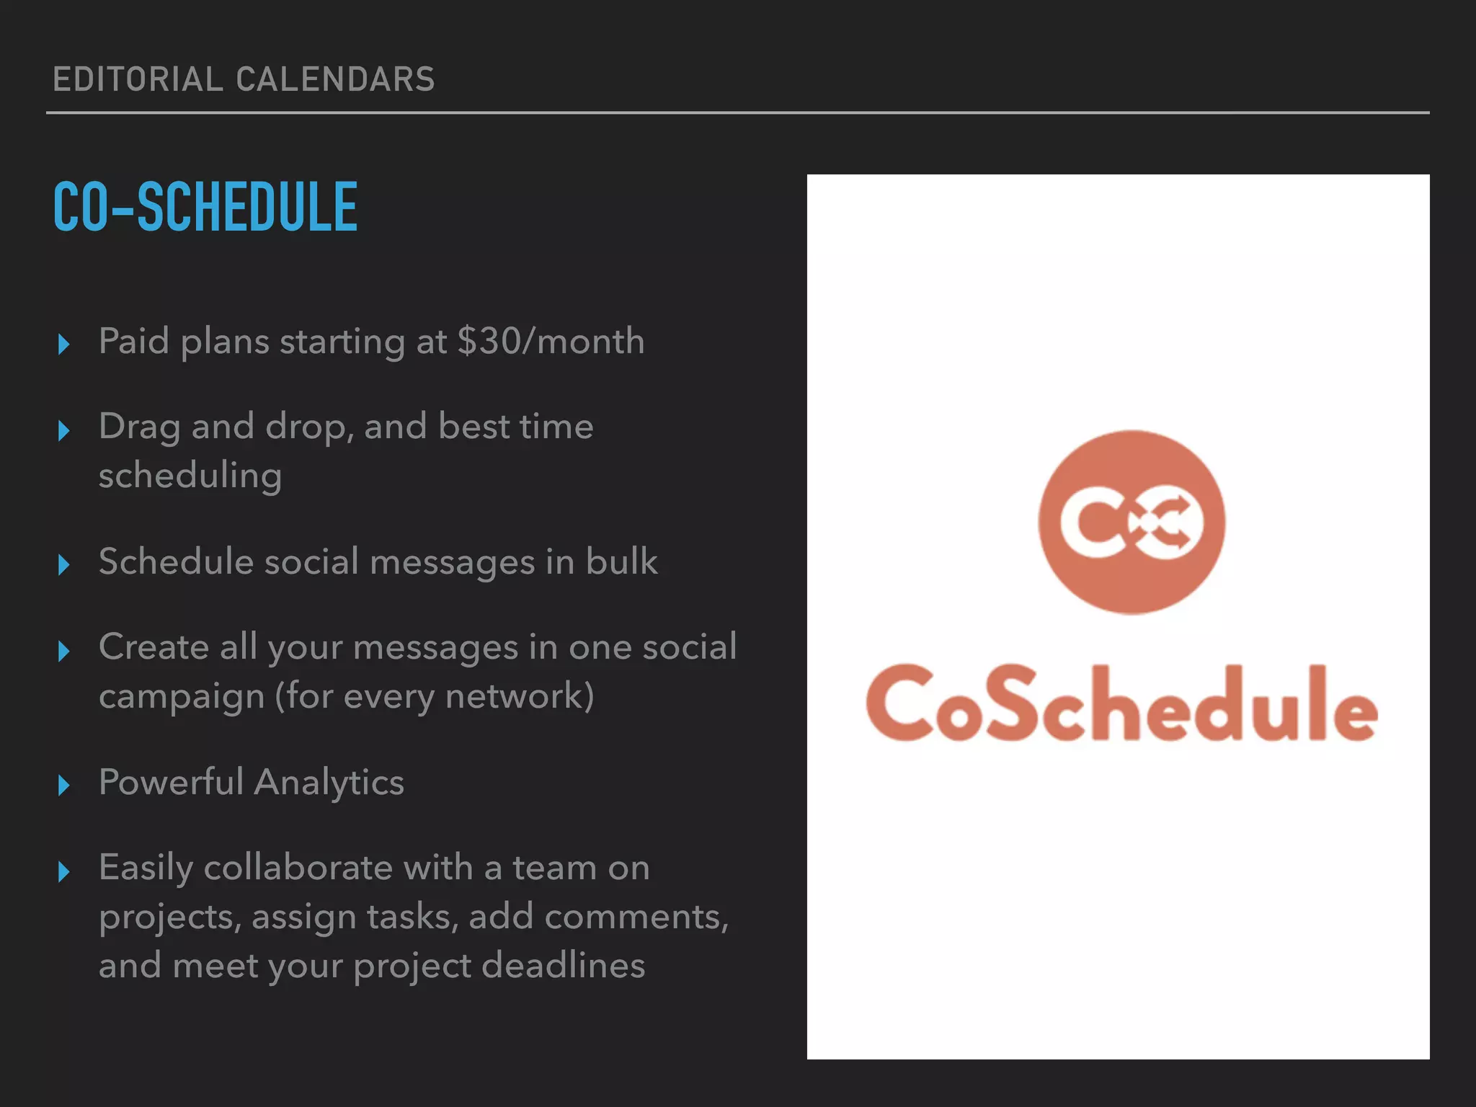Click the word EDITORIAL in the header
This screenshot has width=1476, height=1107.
[138, 79]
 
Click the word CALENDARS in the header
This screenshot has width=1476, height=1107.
[335, 79]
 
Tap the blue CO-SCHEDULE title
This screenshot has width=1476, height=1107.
[205, 208]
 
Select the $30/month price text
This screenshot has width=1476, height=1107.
[551, 341]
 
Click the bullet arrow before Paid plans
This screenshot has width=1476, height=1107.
[63, 344]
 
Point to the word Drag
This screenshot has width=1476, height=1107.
[139, 427]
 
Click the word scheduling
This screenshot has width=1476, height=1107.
[190, 476]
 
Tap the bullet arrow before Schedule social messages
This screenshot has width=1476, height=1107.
[63, 565]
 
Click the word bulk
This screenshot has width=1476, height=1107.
[621, 561]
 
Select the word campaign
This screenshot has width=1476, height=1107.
[182, 697]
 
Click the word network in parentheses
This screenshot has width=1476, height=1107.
[514, 696]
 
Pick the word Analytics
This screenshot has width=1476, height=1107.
[329, 783]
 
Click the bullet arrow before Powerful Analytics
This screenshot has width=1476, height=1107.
[63, 786]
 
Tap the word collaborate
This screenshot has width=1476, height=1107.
[298, 868]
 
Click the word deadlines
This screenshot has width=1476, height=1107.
[563, 966]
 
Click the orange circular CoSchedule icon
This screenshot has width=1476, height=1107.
[1131, 523]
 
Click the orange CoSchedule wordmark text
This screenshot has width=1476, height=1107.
[1121, 704]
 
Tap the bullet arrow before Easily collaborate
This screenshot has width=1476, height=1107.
[63, 872]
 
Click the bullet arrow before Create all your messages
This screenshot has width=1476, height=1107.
[63, 652]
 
